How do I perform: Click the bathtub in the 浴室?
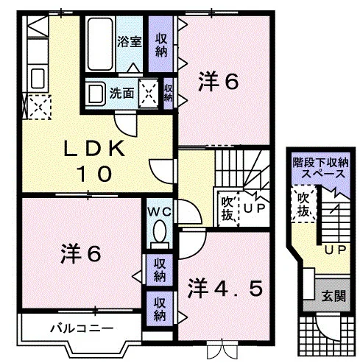coord(100,43)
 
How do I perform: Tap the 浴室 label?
coord(130,41)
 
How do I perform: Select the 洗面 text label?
coord(121,94)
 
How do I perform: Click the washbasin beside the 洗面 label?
coord(96,94)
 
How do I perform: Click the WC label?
coord(160,211)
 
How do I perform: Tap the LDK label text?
coord(94,149)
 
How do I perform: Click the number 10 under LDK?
coord(94,174)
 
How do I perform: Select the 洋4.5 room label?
coord(225,289)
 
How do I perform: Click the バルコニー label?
coord(82,328)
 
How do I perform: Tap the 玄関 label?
coord(333,296)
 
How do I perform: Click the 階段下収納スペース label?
coord(320,168)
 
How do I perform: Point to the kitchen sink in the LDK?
coord(38,78)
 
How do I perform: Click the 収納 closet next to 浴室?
coord(160,44)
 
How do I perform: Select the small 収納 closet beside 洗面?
coord(169,94)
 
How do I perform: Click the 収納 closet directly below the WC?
coord(160,270)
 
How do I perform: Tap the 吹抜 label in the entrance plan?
coord(303,204)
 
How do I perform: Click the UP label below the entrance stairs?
coord(336,250)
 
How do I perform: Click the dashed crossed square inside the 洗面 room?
coord(149,94)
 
